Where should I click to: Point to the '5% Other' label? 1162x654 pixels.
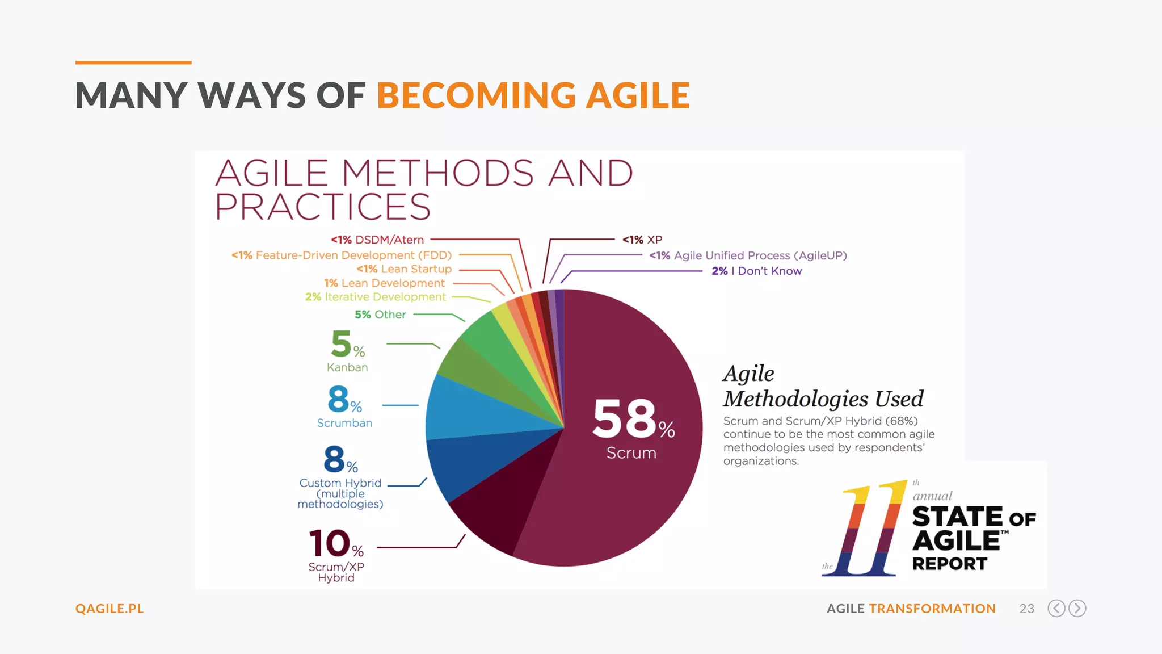pyautogui.click(x=380, y=315)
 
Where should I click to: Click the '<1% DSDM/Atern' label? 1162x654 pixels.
pyautogui.click(x=377, y=240)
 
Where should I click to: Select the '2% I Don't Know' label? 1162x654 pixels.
pyautogui.click(x=756, y=271)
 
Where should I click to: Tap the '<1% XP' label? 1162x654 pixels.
pyautogui.click(x=642, y=240)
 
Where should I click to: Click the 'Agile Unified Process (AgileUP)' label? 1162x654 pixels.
pyautogui.click(x=748, y=255)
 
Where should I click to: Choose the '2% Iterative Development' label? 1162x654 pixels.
pyautogui.click(x=376, y=297)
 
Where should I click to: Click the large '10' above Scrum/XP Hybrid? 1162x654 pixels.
pyautogui.click(x=329, y=543)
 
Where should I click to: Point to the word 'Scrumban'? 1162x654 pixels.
pyautogui.click(x=344, y=423)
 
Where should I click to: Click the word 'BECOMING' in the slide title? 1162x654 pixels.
pyautogui.click(x=476, y=95)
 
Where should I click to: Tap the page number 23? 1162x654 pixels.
pyautogui.click(x=1026, y=609)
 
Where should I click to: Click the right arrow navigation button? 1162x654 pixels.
pyautogui.click(x=1077, y=609)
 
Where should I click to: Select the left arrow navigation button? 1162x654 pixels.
pyautogui.click(x=1056, y=609)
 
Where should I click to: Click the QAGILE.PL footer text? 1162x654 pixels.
pyautogui.click(x=110, y=609)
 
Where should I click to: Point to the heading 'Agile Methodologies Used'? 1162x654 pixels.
pyautogui.click(x=823, y=387)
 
